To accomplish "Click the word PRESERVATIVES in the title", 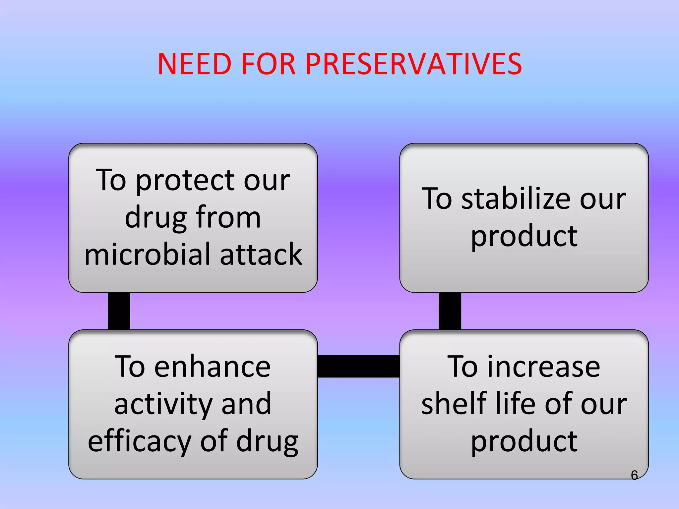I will [x=413, y=64].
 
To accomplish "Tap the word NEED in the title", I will [x=194, y=64].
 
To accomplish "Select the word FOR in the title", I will [x=268, y=64].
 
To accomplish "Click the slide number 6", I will [x=634, y=475].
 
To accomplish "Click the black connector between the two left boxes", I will [x=119, y=311].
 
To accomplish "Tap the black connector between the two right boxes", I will [x=450, y=311].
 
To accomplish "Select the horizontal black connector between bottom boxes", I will [x=358, y=366].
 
